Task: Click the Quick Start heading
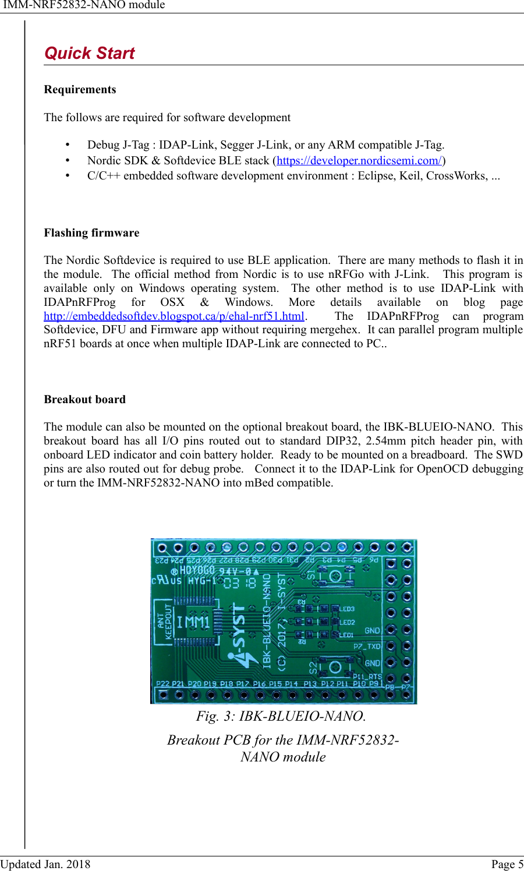(90, 54)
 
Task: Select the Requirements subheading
(80, 90)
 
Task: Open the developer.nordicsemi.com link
(359, 161)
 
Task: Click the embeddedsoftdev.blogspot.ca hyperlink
(174, 316)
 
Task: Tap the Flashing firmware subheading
(91, 233)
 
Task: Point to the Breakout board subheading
(84, 400)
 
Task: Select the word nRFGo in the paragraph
(346, 274)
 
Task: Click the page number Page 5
(507, 864)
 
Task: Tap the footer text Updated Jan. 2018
(45, 864)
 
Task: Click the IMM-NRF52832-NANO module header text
(84, 5)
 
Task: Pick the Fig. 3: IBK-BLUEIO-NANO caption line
(281, 716)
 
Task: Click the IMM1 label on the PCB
(193, 622)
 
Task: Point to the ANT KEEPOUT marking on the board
(165, 622)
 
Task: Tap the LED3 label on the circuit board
(347, 609)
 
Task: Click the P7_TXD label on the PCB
(367, 647)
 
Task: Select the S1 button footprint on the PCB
(335, 576)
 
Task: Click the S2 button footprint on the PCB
(335, 667)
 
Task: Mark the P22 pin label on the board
(163, 684)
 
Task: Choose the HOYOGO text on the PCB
(197, 570)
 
